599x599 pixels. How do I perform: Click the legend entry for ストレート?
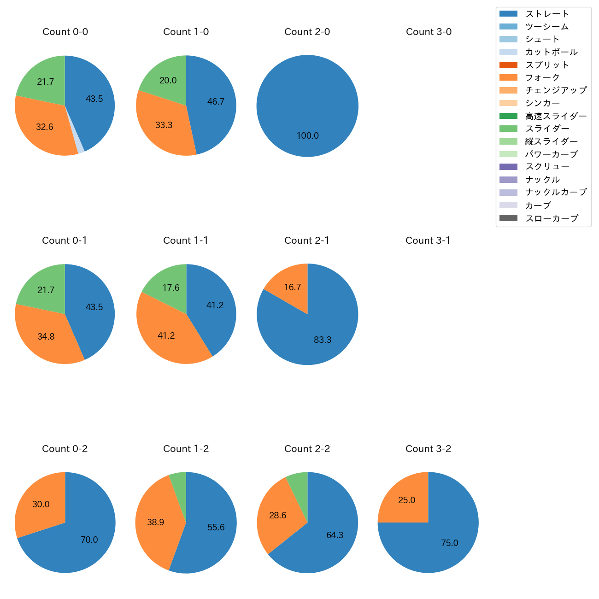pyautogui.click(x=547, y=14)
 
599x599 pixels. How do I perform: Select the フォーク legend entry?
pyautogui.click(x=542, y=77)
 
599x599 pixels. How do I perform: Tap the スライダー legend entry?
pyautogui.click(x=547, y=129)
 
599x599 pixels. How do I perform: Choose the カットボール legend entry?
pyautogui.click(x=551, y=52)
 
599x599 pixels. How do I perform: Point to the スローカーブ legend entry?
pyautogui.click(x=552, y=218)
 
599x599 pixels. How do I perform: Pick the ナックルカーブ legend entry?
pyautogui.click(x=556, y=192)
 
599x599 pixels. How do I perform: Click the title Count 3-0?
pyautogui.click(x=429, y=32)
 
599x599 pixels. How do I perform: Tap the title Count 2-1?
pyautogui.click(x=307, y=241)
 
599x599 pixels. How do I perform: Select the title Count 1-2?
pyautogui.click(x=186, y=449)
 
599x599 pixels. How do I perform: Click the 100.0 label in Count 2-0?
pyautogui.click(x=307, y=136)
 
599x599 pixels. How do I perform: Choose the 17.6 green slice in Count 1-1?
pyautogui.click(x=170, y=286)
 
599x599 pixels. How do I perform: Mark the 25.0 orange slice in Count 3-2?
pyautogui.click(x=405, y=499)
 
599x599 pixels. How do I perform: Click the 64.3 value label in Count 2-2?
pyautogui.click(x=335, y=535)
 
